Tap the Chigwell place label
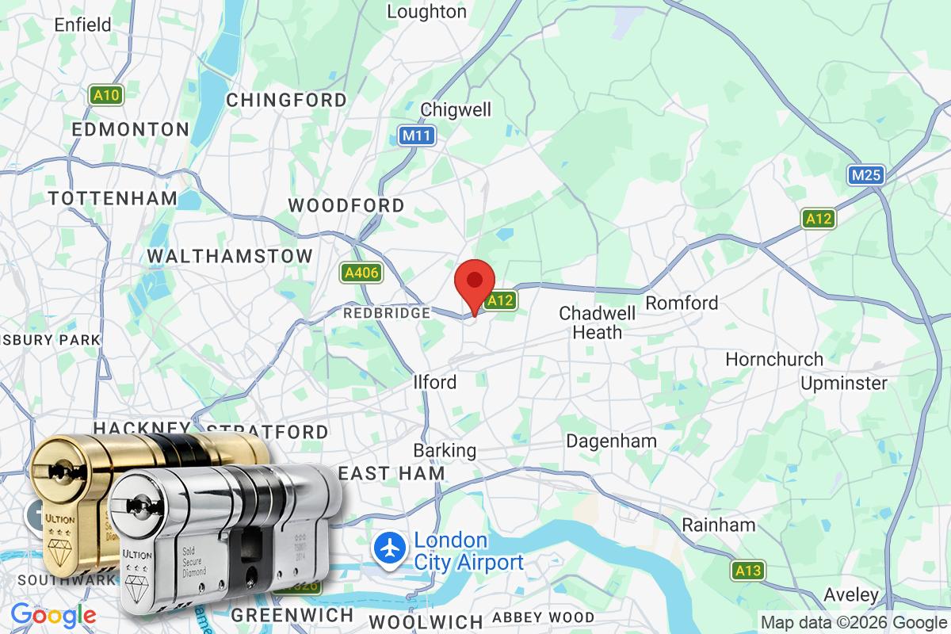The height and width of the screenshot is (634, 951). [x=467, y=109]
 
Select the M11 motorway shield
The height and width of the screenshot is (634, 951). [x=416, y=136]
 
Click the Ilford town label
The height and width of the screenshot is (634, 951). [x=435, y=382]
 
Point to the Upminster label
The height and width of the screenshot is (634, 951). [x=844, y=384]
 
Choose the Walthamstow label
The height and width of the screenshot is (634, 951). [x=230, y=257]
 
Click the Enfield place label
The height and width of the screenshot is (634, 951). [x=82, y=25]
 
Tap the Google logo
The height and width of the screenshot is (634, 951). [x=53, y=614]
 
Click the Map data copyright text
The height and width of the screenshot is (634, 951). [x=854, y=622]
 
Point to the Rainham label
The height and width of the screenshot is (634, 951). [x=719, y=525]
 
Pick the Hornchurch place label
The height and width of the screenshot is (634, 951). [x=774, y=360]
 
